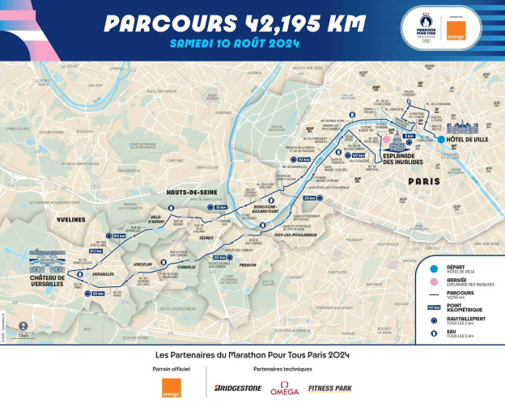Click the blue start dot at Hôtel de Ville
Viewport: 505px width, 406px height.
tap(441, 140)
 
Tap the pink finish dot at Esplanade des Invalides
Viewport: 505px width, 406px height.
tap(387, 138)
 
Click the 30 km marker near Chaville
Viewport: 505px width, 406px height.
tap(219, 257)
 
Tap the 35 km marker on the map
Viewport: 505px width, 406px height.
tap(309, 197)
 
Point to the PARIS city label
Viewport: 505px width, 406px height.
tap(423, 181)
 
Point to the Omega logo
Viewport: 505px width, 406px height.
tap(284, 388)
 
